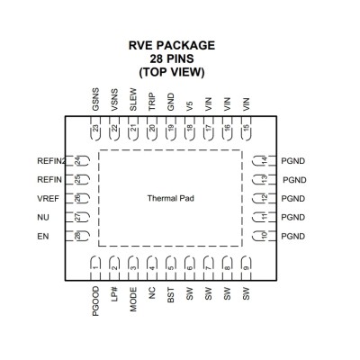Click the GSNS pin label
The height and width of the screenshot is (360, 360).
95,99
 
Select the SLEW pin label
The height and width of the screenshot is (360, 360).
133,99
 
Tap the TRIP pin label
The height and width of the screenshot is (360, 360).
152,102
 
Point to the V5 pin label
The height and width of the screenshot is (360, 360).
189,106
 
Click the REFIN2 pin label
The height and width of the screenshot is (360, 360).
51,161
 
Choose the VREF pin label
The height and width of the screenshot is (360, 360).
48,199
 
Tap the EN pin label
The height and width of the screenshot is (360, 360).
43,237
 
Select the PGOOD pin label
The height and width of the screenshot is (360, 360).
95,301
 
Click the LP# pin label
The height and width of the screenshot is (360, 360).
114,294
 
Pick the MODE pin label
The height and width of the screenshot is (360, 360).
133,300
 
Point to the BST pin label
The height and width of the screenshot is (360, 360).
171,295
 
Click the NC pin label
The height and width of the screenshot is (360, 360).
152,293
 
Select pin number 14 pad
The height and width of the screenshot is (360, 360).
265,161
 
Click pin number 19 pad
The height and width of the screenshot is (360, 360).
171,129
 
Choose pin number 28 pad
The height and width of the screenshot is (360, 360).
77,236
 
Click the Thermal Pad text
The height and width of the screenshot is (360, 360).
171,198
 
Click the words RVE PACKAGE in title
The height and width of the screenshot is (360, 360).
172,45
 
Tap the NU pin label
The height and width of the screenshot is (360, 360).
43,217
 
